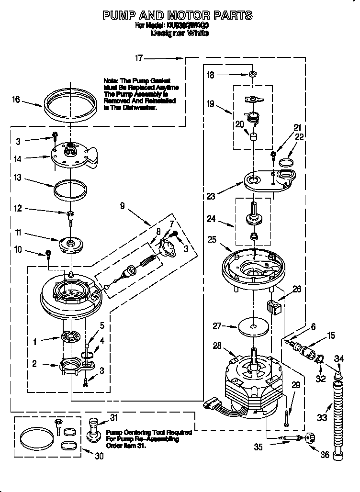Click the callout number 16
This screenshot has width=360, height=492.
[16, 100]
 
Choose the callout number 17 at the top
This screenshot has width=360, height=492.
[139, 58]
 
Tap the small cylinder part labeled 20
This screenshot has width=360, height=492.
[253, 137]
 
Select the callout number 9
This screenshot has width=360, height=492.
[123, 206]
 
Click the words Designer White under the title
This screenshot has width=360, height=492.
[180, 34]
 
